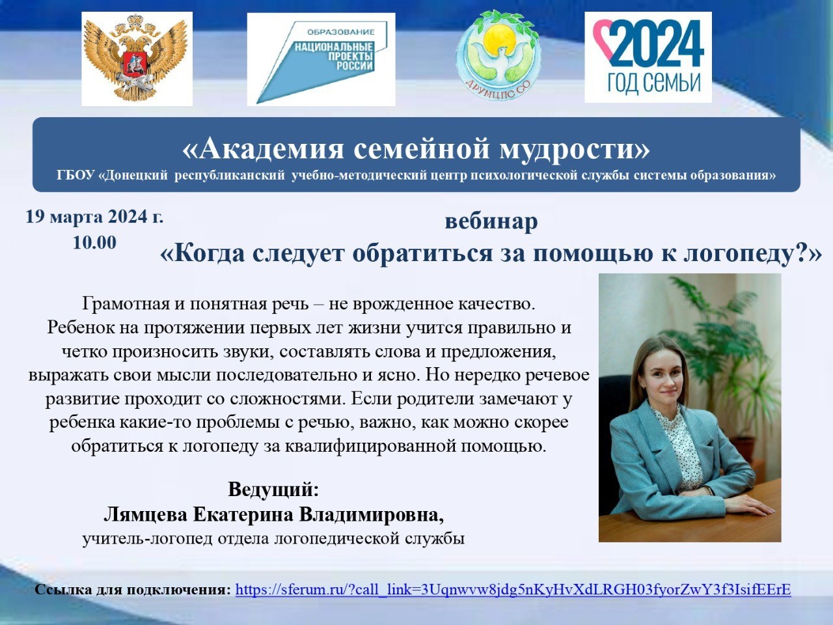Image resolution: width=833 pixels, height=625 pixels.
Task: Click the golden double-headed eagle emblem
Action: (137, 58)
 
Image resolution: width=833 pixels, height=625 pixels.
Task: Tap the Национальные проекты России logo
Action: (321, 59)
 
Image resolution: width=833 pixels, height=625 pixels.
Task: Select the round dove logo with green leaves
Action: (498, 55)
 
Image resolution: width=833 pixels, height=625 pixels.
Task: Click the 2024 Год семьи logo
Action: (648, 57)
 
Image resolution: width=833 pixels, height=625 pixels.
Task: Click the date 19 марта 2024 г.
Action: (94, 217)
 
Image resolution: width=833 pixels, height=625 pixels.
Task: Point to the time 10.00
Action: (94, 242)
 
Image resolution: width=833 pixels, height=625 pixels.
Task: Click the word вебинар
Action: (491, 221)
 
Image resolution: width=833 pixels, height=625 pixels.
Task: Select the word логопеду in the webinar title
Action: (738, 253)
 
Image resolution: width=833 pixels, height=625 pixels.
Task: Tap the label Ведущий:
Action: (273, 489)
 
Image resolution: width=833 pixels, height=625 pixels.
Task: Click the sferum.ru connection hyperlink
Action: (513, 589)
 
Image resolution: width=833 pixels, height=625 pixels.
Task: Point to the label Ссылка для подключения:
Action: (133, 590)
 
